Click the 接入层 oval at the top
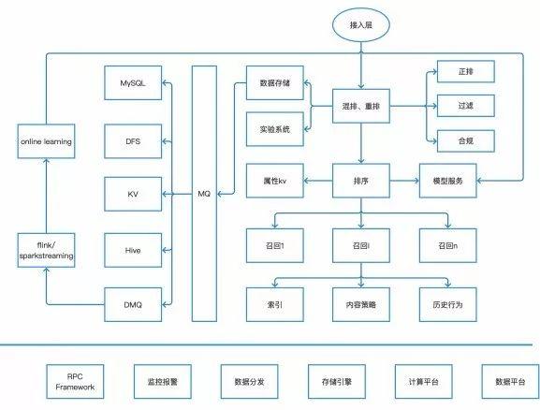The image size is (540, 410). (361, 25)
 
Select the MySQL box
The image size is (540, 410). (133, 83)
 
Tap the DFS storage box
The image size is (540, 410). (133, 141)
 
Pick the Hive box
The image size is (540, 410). (133, 250)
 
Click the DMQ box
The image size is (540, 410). (133, 304)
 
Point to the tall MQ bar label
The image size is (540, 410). (204, 194)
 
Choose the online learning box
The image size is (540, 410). (46, 141)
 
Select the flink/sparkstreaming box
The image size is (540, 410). (46, 250)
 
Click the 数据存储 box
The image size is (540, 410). (275, 83)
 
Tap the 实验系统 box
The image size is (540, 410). (275, 129)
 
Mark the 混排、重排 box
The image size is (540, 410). (361, 106)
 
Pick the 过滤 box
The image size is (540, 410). (466, 106)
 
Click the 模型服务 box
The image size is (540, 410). (448, 181)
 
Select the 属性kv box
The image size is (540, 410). (275, 181)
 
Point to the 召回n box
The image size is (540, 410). (448, 245)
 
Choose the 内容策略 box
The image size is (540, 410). (361, 304)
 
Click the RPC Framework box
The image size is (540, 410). (75, 381)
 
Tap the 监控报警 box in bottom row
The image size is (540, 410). (163, 381)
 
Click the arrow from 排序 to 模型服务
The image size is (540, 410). (404, 180)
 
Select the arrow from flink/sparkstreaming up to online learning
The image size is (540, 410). (46, 196)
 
